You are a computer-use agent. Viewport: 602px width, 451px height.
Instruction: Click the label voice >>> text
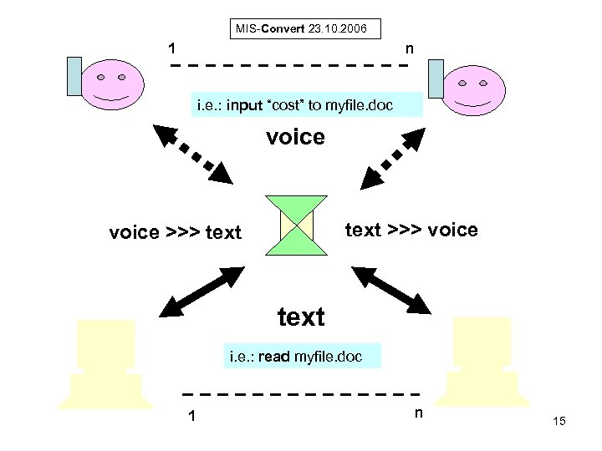pos(175,232)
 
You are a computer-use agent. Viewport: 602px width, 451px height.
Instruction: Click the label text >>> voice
pos(411,230)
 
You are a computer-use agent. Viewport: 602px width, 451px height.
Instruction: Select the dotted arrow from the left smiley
pos(191,155)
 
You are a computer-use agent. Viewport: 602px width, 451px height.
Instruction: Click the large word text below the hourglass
pos(300,317)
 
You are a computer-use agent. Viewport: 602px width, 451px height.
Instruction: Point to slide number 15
pos(559,422)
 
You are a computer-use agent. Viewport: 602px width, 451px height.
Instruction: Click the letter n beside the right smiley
pos(409,49)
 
